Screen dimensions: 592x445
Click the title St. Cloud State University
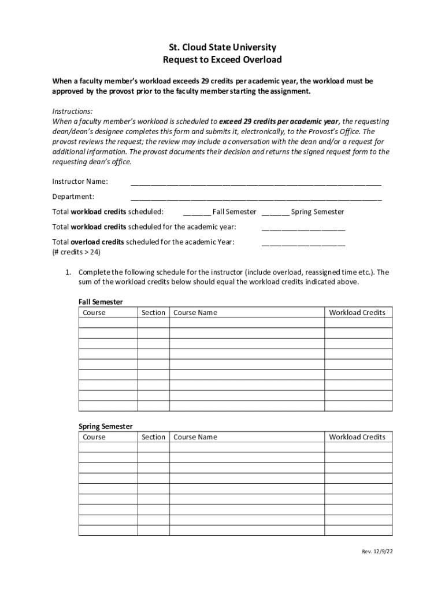point(222,47)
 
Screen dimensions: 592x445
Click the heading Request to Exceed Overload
point(222,60)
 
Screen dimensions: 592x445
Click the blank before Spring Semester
point(275,212)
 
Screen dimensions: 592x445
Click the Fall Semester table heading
point(101,302)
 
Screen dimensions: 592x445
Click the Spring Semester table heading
point(105,426)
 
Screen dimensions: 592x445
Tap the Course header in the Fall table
point(94,313)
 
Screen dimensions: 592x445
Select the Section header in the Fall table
point(153,313)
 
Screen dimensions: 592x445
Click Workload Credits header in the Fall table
point(357,313)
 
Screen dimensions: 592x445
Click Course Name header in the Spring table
point(195,437)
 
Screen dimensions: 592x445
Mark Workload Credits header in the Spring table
point(357,437)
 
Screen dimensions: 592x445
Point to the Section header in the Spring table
point(153,437)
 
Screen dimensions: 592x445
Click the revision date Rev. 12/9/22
point(377,552)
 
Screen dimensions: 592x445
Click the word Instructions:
point(72,111)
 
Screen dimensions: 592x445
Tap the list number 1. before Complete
point(68,272)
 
